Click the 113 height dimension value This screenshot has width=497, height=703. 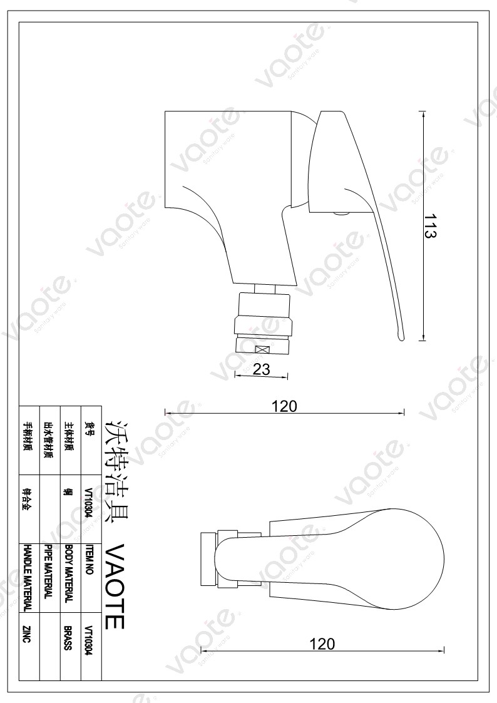[430, 225]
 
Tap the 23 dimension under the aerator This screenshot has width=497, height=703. [262, 369]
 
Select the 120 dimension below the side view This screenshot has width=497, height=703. [284, 406]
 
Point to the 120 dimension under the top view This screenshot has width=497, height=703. [322, 644]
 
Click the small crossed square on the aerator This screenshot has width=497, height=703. [261, 351]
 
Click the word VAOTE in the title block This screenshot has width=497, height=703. [115, 586]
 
